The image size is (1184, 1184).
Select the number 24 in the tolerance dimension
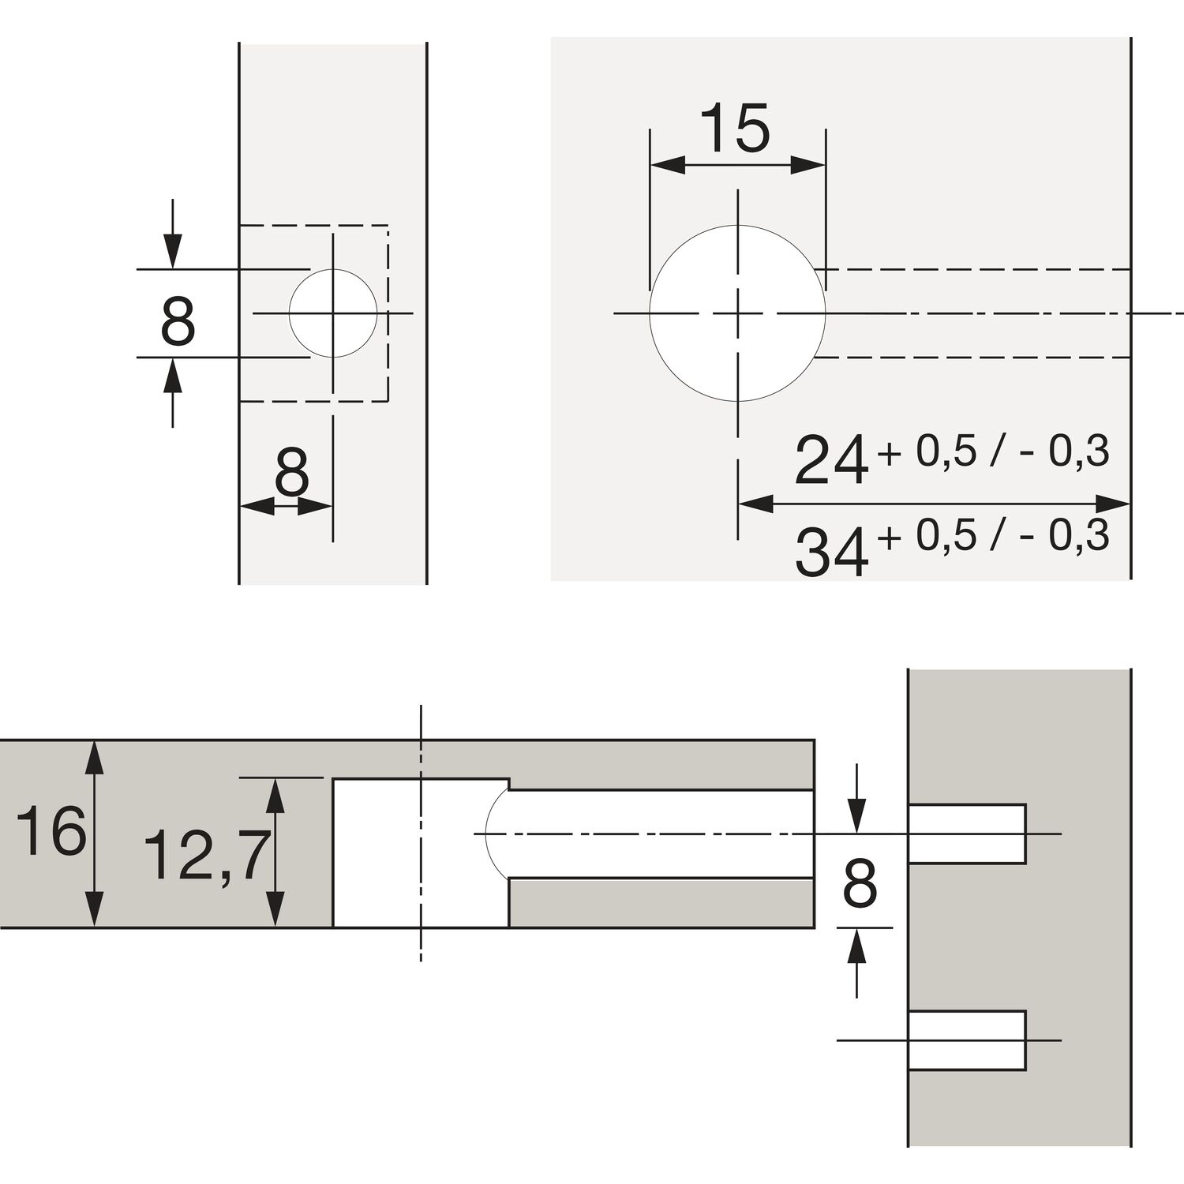coord(831,460)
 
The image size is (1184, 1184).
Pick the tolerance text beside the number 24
coord(992,451)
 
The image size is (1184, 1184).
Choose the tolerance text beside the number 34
coord(992,537)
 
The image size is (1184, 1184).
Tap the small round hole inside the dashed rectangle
coord(332,313)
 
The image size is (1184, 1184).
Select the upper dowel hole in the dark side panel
coord(967,834)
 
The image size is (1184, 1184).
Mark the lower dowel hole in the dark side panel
coord(967,1040)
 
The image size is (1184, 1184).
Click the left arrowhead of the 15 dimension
coord(667,165)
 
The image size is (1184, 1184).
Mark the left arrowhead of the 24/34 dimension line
coord(755,503)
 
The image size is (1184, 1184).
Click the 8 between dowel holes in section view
coord(860,884)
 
